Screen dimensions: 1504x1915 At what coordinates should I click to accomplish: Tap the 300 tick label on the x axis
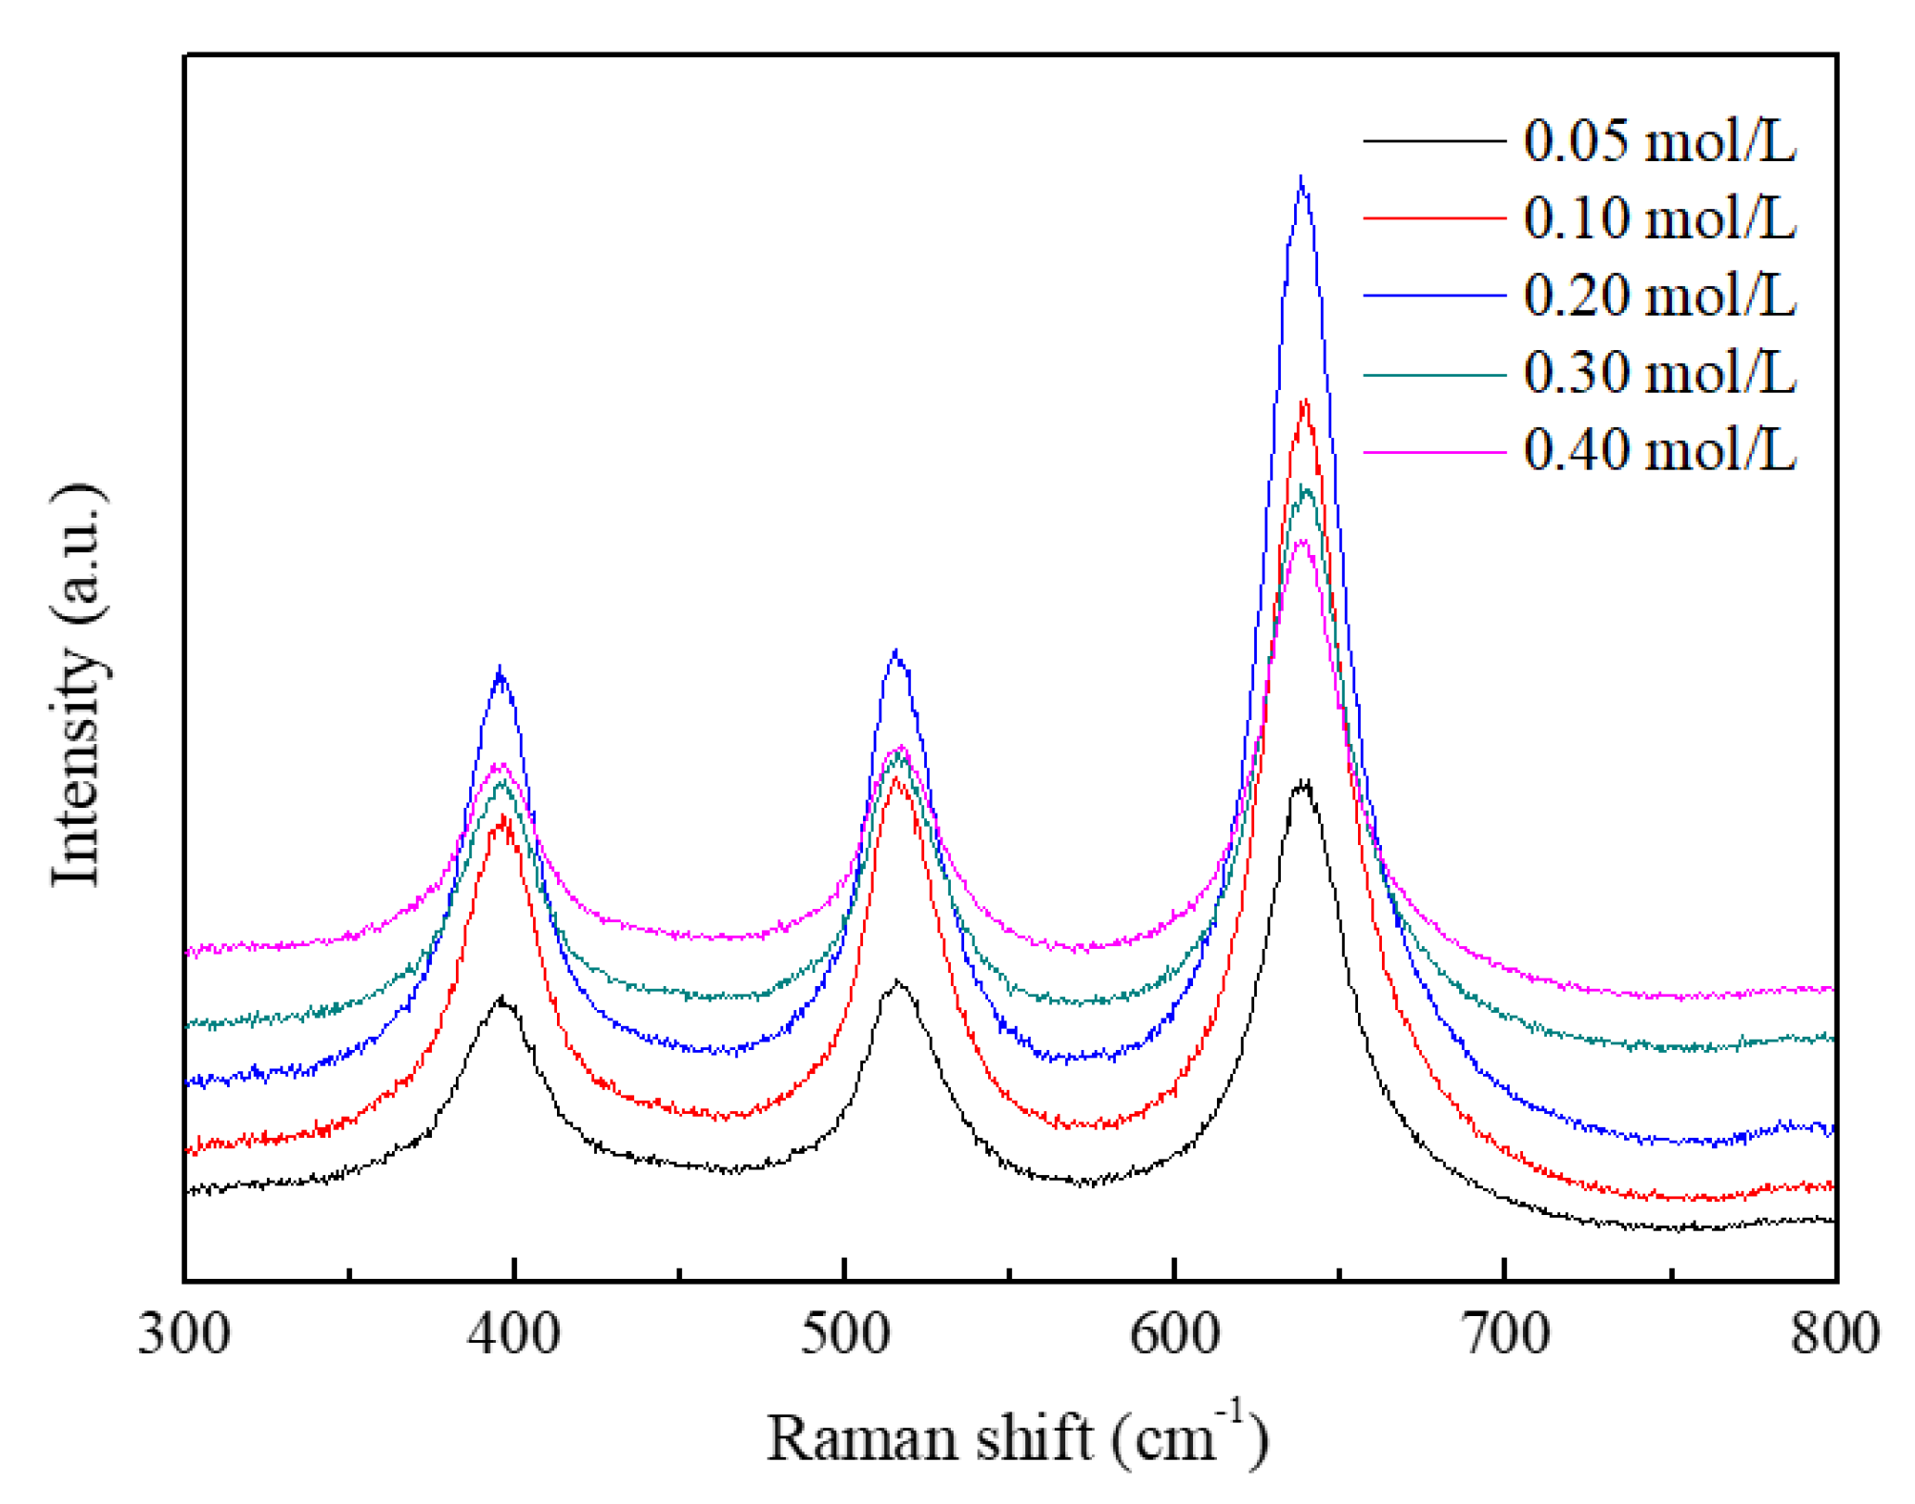[184, 1333]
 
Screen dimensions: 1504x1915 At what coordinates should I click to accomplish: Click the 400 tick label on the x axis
[514, 1333]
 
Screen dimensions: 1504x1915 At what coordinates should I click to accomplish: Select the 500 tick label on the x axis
[845, 1333]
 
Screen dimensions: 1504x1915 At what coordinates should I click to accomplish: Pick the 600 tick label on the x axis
[1175, 1333]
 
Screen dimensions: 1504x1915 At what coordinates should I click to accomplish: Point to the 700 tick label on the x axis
[1505, 1333]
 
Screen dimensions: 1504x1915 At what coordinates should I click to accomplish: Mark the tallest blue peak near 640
[1301, 179]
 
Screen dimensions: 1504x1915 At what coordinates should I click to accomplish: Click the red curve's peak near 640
[1304, 402]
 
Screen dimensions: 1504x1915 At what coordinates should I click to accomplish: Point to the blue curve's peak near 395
[500, 669]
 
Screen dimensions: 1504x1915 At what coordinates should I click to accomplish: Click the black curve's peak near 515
[896, 981]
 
